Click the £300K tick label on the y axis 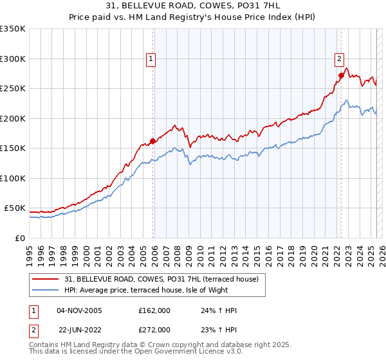(12, 59)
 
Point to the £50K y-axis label (14, 208)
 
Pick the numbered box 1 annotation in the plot (151, 59)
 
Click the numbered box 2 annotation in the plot (338, 59)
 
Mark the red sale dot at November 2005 (152, 141)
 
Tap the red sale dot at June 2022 (341, 75)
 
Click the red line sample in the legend (45, 279)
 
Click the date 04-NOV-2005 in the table (80, 310)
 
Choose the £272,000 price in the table (154, 329)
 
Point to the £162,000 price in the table (154, 310)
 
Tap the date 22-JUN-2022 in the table (80, 329)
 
